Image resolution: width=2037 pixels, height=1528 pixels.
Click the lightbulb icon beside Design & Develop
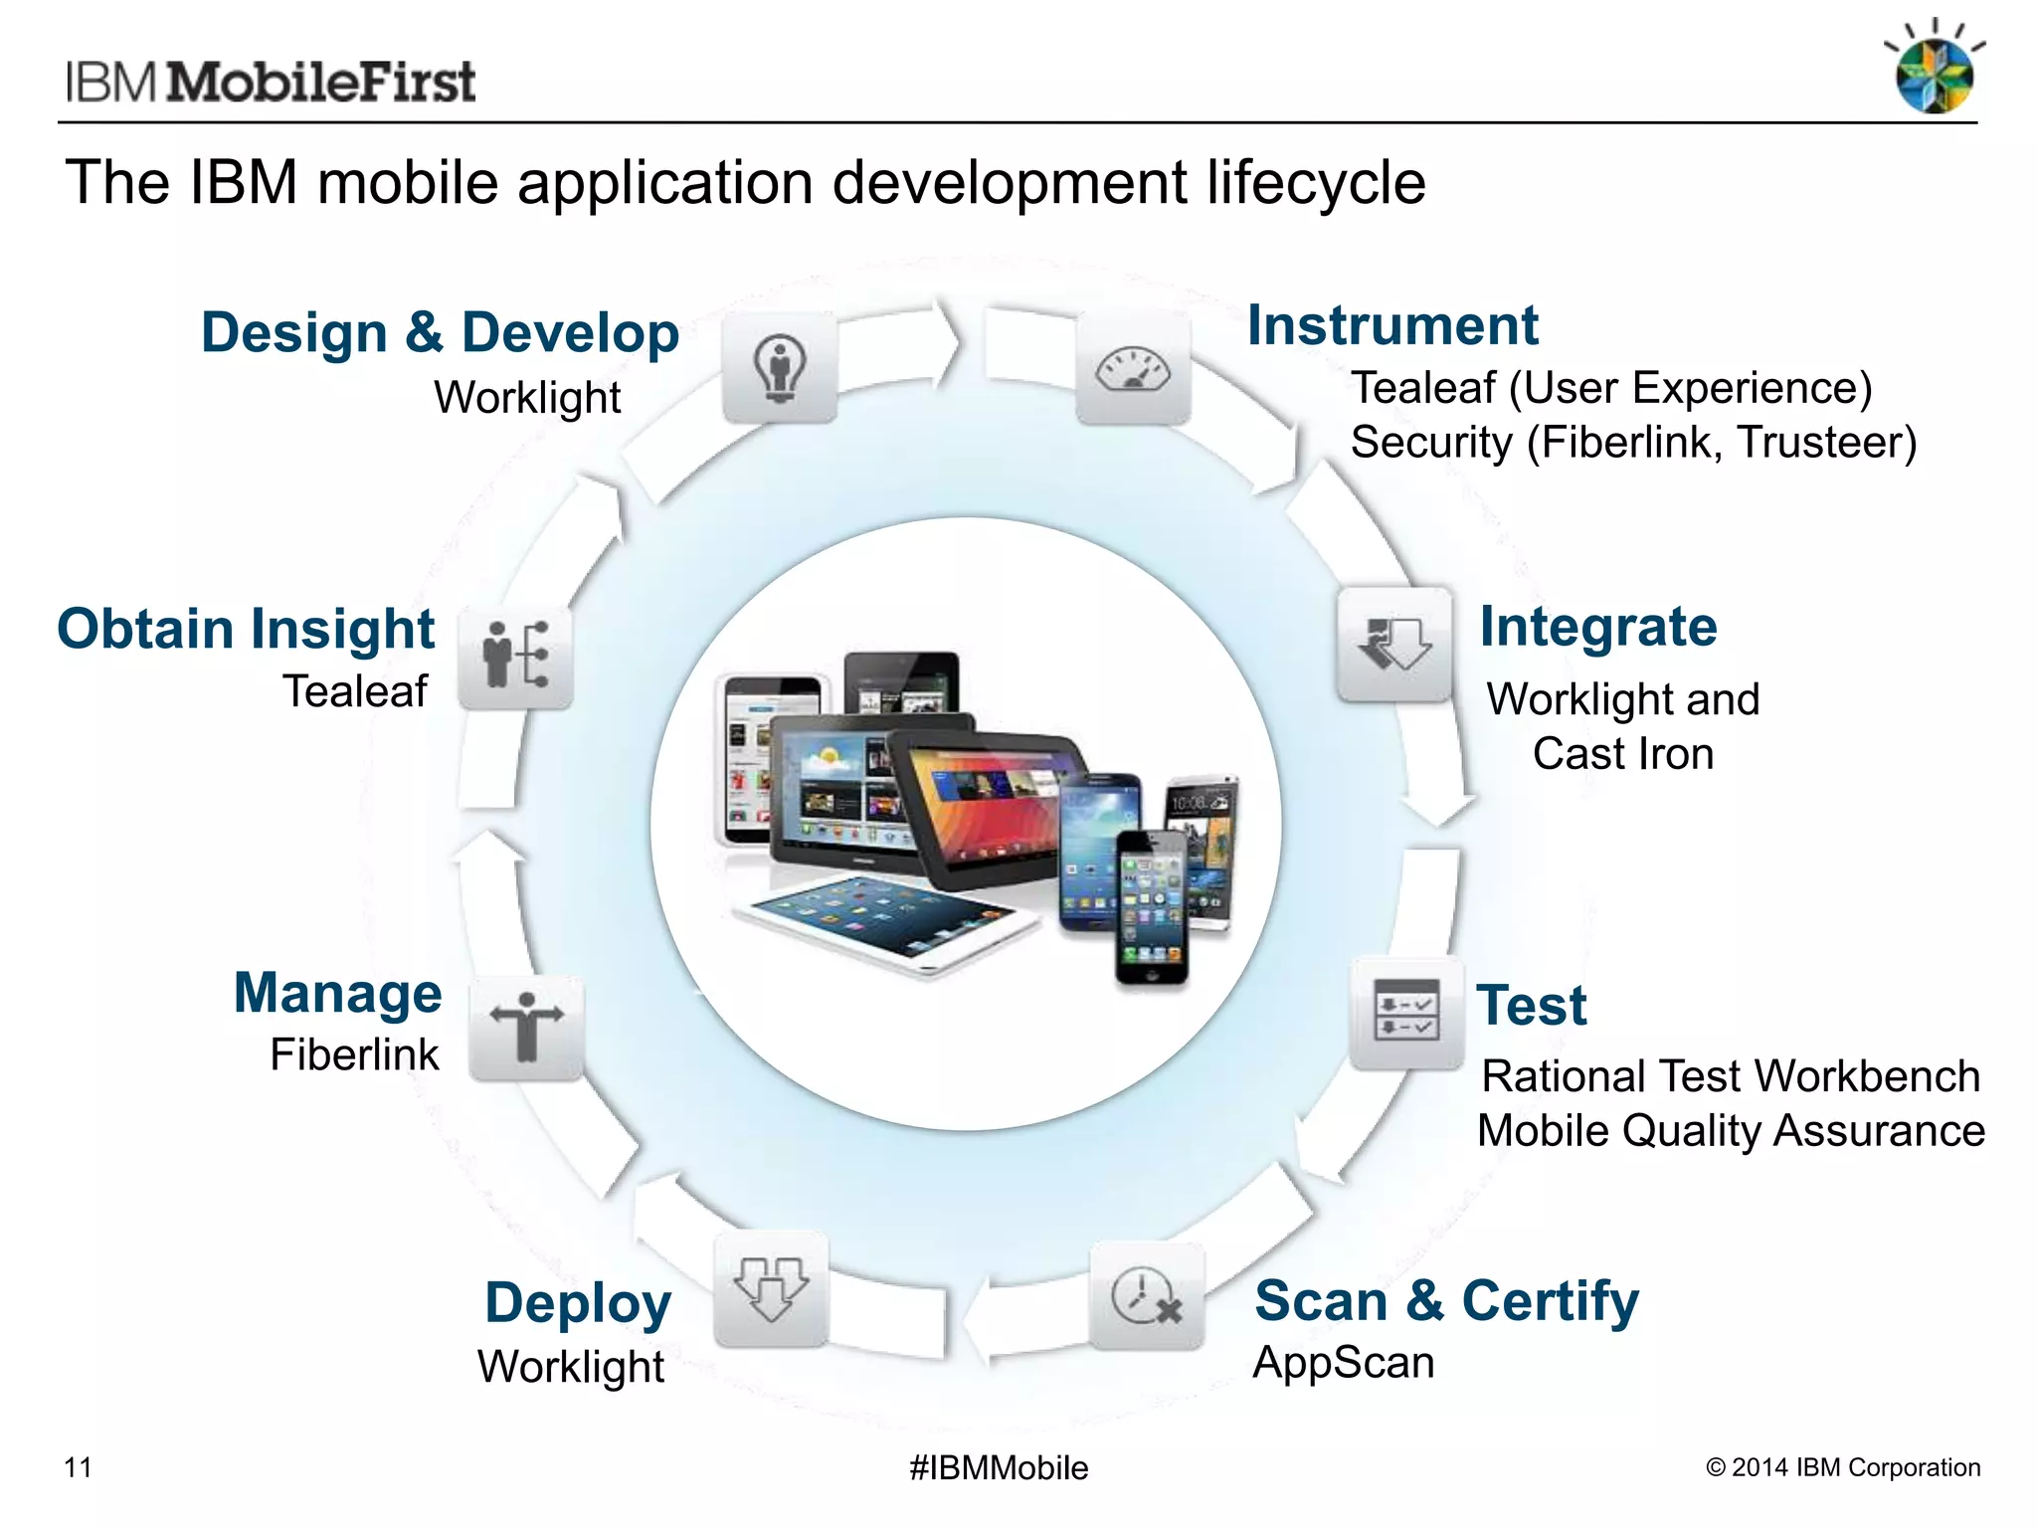[x=779, y=367]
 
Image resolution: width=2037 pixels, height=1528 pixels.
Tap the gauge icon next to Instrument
[x=1133, y=369]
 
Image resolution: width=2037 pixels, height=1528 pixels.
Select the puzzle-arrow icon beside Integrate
[x=1393, y=645]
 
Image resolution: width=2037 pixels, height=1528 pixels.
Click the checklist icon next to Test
[x=1405, y=1012]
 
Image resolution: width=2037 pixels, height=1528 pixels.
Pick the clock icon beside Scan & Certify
[x=1146, y=1296]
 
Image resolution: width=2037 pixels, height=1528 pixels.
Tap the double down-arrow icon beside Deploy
[x=771, y=1289]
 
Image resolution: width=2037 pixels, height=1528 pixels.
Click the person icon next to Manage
[x=526, y=1028]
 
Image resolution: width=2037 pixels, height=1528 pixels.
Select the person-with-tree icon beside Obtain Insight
[x=515, y=657]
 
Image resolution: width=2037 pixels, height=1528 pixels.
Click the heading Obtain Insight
[x=246, y=629]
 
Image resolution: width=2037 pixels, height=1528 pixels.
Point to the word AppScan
[x=1343, y=1362]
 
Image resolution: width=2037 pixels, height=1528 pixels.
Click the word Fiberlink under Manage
[x=354, y=1054]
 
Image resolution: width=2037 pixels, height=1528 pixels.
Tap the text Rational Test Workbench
[x=1730, y=1076]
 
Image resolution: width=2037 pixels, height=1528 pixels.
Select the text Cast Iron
[x=1622, y=753]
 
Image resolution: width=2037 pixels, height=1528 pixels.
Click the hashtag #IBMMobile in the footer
[x=999, y=1467]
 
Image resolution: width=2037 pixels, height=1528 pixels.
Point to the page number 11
[x=78, y=1467]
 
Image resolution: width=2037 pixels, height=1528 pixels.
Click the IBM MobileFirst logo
[x=271, y=82]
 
